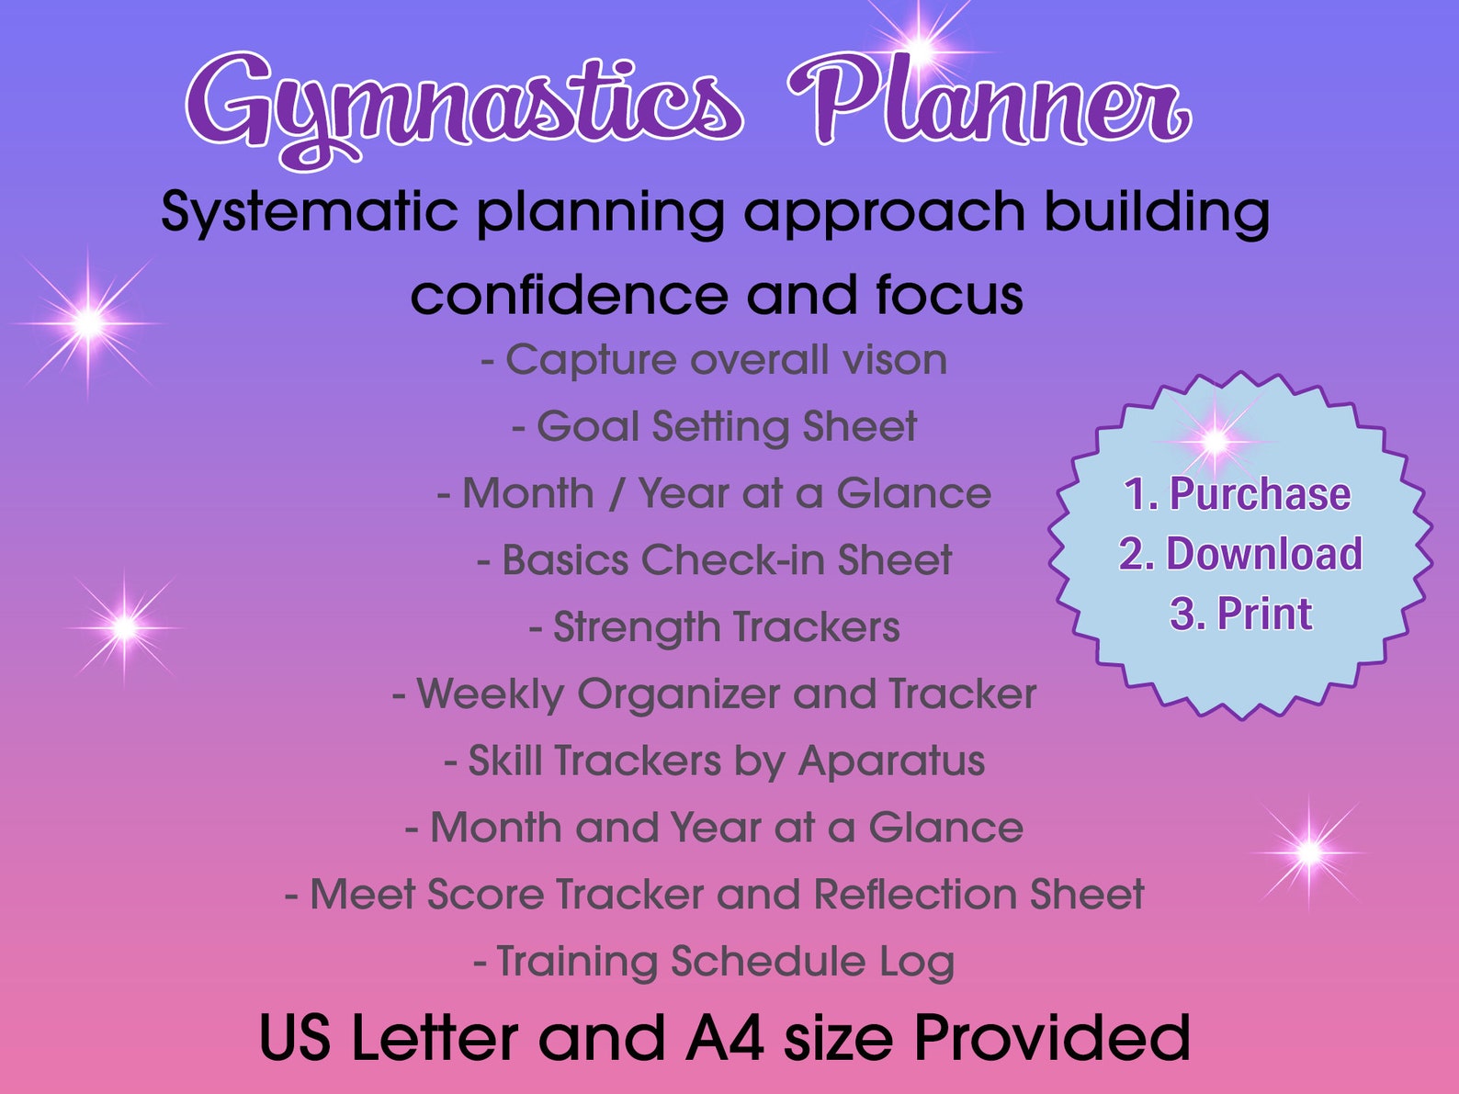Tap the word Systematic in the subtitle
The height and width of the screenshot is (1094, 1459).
tap(309, 213)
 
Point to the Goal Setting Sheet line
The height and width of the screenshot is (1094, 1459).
tap(715, 427)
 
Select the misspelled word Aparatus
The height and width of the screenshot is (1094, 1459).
tap(891, 761)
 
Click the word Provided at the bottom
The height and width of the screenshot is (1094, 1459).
tap(1051, 1039)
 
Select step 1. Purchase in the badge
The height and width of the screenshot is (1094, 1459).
tap(1238, 495)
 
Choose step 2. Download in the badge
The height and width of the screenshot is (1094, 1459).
tap(1240, 555)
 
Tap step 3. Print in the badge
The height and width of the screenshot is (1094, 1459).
tap(1240, 615)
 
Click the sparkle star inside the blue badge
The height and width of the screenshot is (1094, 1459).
tap(1215, 441)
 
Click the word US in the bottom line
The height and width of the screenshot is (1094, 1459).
tap(294, 1039)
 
